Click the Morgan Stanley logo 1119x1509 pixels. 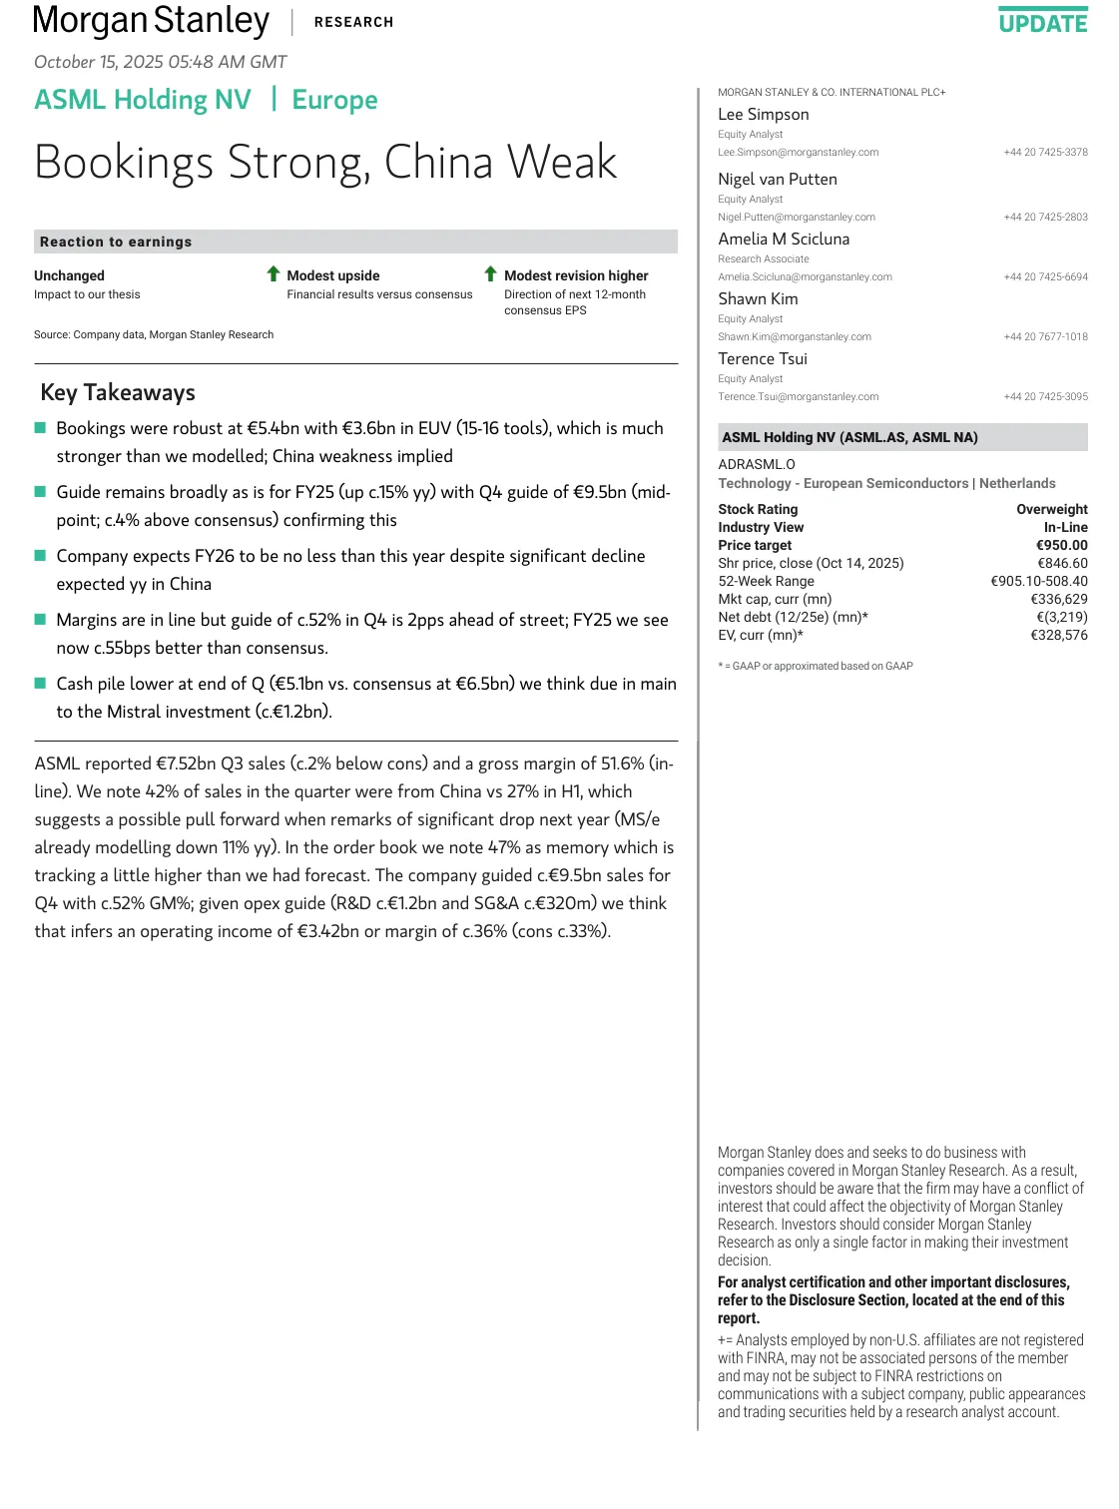click(151, 21)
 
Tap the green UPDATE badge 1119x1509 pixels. click(1043, 22)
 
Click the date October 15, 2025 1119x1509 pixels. click(160, 62)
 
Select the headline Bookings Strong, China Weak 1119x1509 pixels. click(325, 163)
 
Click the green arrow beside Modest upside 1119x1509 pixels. click(274, 274)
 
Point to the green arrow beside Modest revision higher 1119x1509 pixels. click(490, 274)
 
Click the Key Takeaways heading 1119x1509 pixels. click(118, 393)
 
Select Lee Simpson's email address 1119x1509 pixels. click(798, 153)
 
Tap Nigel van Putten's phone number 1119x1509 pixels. click(1045, 218)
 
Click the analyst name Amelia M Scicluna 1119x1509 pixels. click(784, 240)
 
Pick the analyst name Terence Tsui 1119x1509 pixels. click(763, 359)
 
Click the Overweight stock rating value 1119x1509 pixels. click(1051, 510)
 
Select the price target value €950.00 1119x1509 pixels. click(1061, 546)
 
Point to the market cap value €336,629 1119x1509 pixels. click(1058, 600)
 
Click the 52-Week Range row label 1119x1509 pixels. click(766, 582)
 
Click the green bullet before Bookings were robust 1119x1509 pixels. click(41, 428)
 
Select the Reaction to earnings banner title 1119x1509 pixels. click(116, 243)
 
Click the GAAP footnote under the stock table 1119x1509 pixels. click(815, 667)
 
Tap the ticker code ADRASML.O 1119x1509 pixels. click(756, 465)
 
